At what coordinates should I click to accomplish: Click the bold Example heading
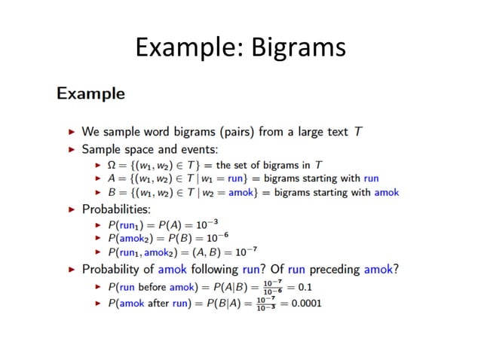pyautogui.click(x=90, y=94)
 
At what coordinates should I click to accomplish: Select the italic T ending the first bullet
pyautogui.click(x=358, y=132)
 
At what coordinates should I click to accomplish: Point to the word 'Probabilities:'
pyautogui.click(x=116, y=208)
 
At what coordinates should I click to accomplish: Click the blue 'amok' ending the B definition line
pyautogui.click(x=387, y=193)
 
